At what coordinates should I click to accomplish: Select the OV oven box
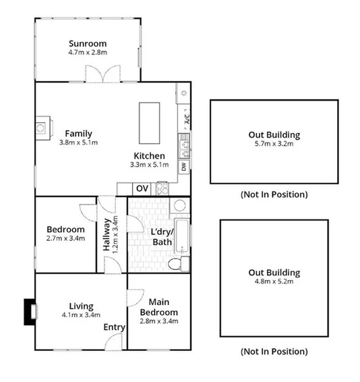(x=142, y=189)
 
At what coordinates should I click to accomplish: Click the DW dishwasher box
(x=183, y=166)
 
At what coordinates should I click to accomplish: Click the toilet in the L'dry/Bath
(x=175, y=263)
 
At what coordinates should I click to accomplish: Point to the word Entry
(x=115, y=327)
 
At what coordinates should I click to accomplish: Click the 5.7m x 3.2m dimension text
(x=274, y=144)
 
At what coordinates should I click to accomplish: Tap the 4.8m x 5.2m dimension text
(x=274, y=281)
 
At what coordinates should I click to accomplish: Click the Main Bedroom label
(x=158, y=306)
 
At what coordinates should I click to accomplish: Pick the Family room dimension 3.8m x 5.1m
(x=78, y=142)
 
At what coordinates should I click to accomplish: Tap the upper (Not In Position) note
(x=274, y=194)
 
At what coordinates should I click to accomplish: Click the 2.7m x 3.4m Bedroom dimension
(x=65, y=238)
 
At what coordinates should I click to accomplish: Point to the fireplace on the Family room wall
(x=42, y=126)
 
